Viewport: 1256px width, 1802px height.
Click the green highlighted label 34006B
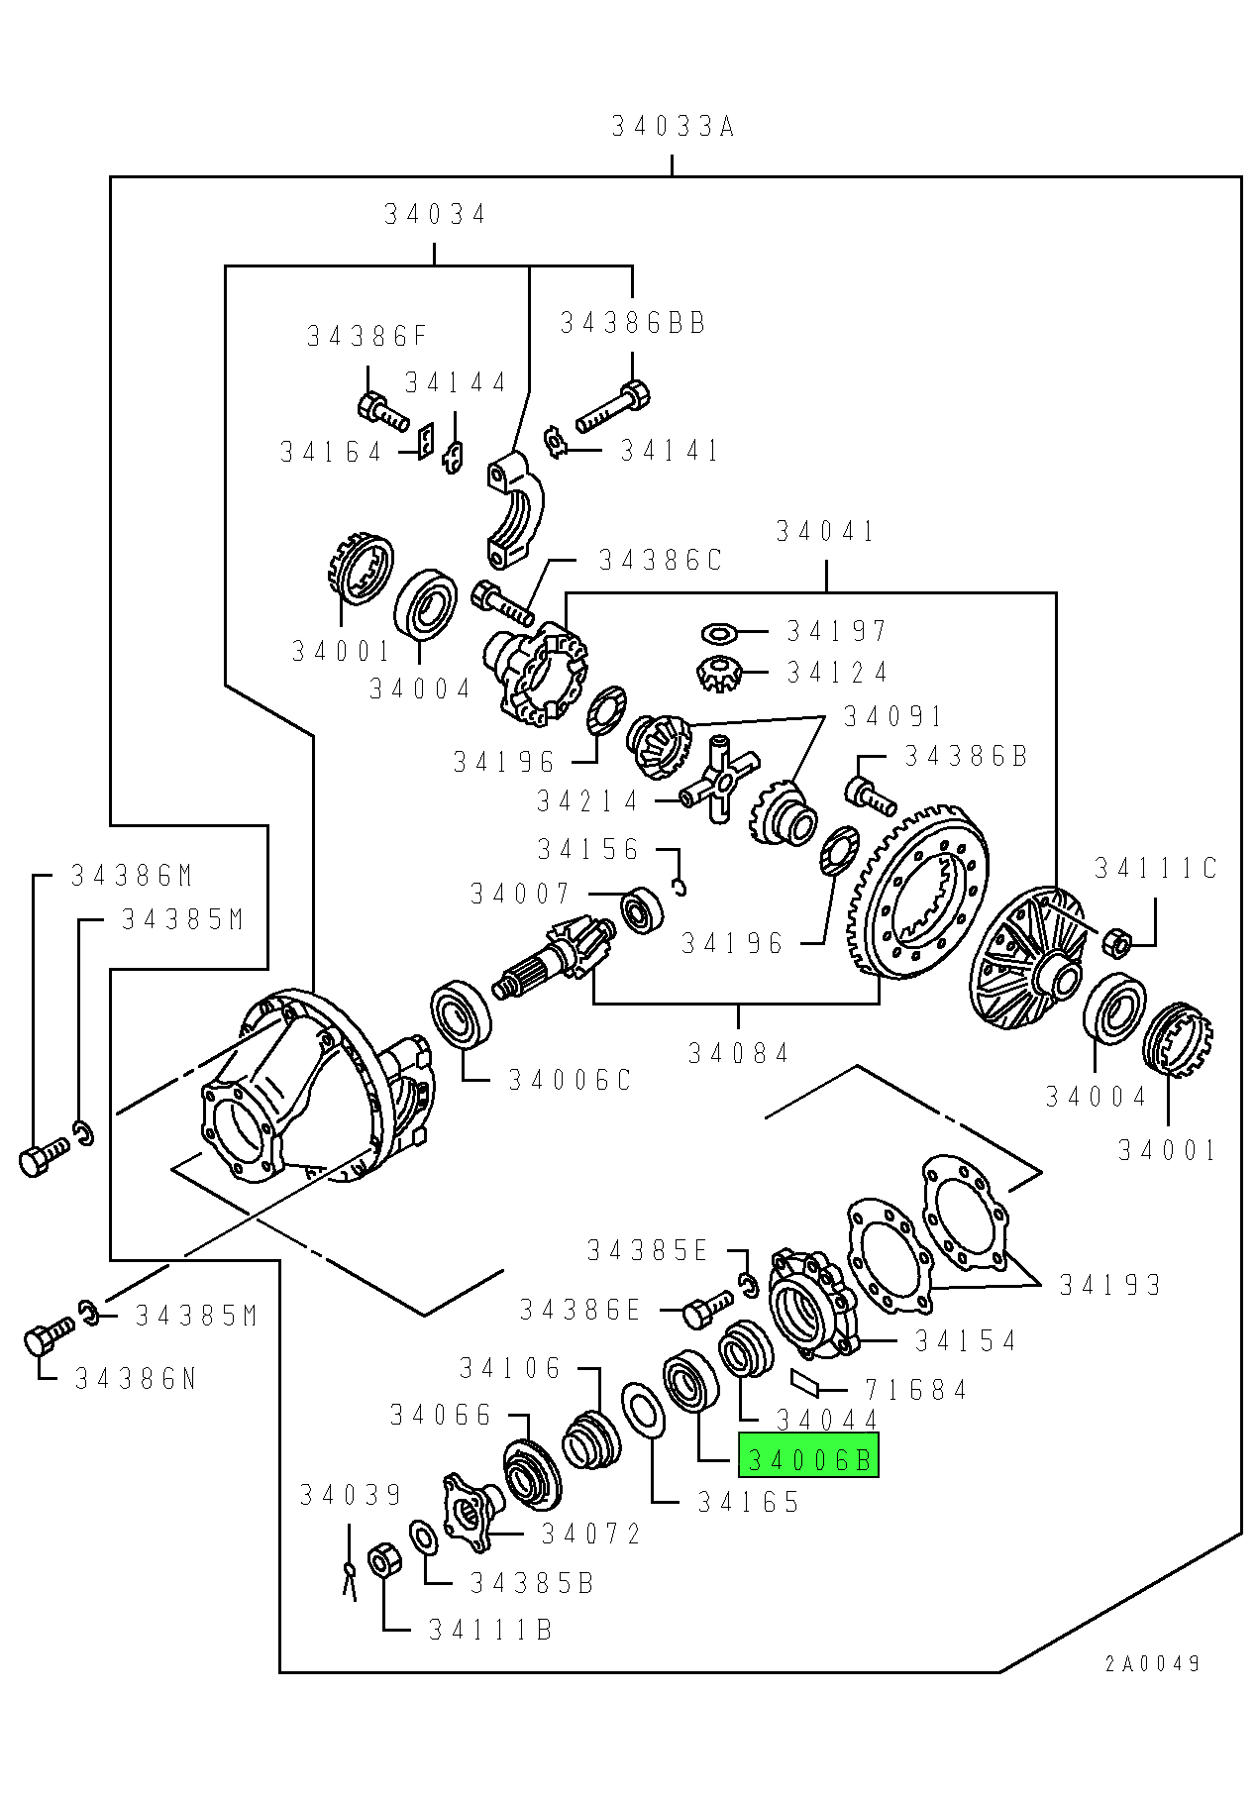pyautogui.click(x=808, y=1458)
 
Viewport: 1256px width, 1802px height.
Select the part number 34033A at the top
pyautogui.click(x=673, y=127)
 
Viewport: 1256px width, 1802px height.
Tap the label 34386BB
pyautogui.click(x=633, y=323)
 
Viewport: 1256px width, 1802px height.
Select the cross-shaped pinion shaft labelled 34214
pyautogui.click(x=721, y=782)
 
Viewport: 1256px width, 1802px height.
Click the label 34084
pyautogui.click(x=739, y=1053)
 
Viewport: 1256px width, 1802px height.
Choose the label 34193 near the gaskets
pyautogui.click(x=1109, y=1285)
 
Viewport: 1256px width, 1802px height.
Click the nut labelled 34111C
pyautogui.click(x=1116, y=941)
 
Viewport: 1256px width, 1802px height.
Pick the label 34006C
pyautogui.click(x=570, y=1080)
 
